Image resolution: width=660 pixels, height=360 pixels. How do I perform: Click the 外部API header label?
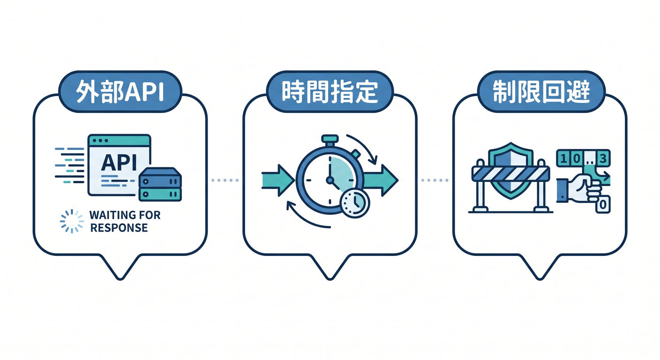point(120,91)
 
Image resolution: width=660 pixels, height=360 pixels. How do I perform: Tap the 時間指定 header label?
point(330,91)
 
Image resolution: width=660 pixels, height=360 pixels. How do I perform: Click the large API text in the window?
point(119,163)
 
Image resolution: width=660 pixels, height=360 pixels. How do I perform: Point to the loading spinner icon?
point(72,221)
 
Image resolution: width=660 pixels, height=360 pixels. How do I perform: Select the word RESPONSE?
point(119,228)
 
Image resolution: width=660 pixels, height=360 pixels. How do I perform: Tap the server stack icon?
point(160,184)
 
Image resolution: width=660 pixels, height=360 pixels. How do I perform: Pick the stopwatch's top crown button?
point(330,139)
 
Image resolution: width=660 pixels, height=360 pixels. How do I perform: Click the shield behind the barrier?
point(510,171)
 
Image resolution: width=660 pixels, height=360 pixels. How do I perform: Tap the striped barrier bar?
point(510,174)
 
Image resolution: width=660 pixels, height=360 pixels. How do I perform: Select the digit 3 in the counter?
point(603,159)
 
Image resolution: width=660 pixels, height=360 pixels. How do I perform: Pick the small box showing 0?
point(603,204)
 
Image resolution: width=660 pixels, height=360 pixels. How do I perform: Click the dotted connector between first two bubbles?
point(225,180)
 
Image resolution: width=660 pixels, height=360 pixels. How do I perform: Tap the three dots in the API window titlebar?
point(100,141)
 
